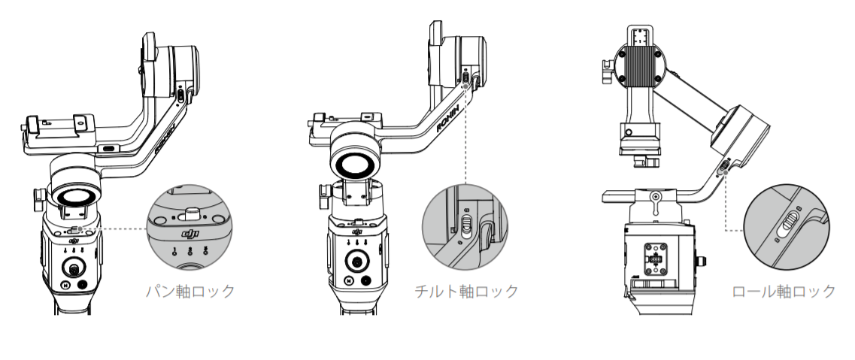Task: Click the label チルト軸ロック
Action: coord(466,291)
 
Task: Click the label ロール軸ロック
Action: coord(784,291)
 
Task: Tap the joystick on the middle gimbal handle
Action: coord(357,263)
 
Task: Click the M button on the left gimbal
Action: coord(66,286)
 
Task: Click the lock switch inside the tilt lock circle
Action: coord(467,223)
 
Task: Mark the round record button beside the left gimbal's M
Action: coord(83,286)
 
